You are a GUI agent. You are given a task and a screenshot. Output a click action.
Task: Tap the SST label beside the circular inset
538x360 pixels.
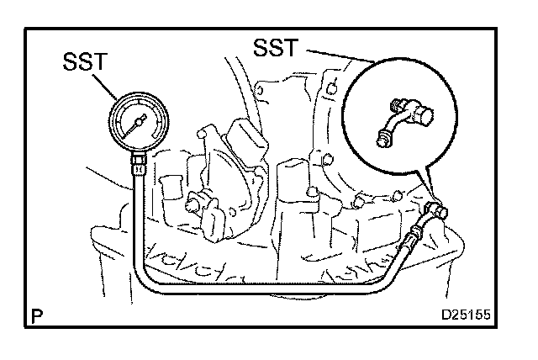coord(274,48)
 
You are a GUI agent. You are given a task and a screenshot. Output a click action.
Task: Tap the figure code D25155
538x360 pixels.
coord(466,316)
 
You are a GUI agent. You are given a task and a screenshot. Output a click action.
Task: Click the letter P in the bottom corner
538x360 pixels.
coord(34,316)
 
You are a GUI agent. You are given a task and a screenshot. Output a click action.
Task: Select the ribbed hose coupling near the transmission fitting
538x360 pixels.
coord(417,235)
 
